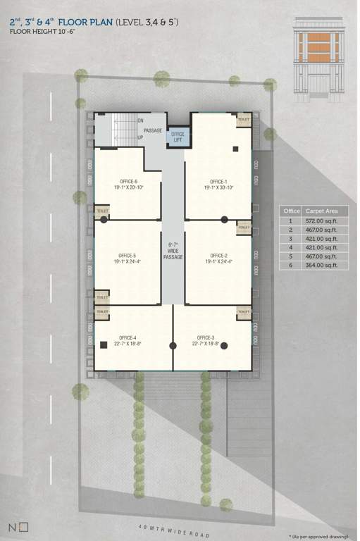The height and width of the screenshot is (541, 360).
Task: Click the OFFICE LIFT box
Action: tap(178, 137)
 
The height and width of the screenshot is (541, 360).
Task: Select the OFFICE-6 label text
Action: tap(128, 185)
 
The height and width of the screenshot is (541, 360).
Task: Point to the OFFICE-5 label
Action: tap(128, 259)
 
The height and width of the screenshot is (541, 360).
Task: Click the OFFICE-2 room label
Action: tap(217, 259)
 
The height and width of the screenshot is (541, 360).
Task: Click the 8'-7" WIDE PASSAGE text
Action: tap(173, 251)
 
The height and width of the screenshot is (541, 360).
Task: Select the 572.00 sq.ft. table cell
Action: tap(321, 220)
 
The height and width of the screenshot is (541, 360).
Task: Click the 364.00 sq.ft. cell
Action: tap(321, 265)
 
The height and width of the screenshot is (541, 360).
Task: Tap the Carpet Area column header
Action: tap(321, 211)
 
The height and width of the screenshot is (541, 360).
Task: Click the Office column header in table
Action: tap(291, 211)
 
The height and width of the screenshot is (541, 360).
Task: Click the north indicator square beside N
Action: tap(24, 526)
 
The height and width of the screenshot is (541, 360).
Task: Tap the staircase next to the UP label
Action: tap(123, 128)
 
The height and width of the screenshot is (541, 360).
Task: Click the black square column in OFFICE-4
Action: tap(103, 344)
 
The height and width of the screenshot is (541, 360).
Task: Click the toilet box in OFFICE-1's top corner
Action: tap(244, 120)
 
